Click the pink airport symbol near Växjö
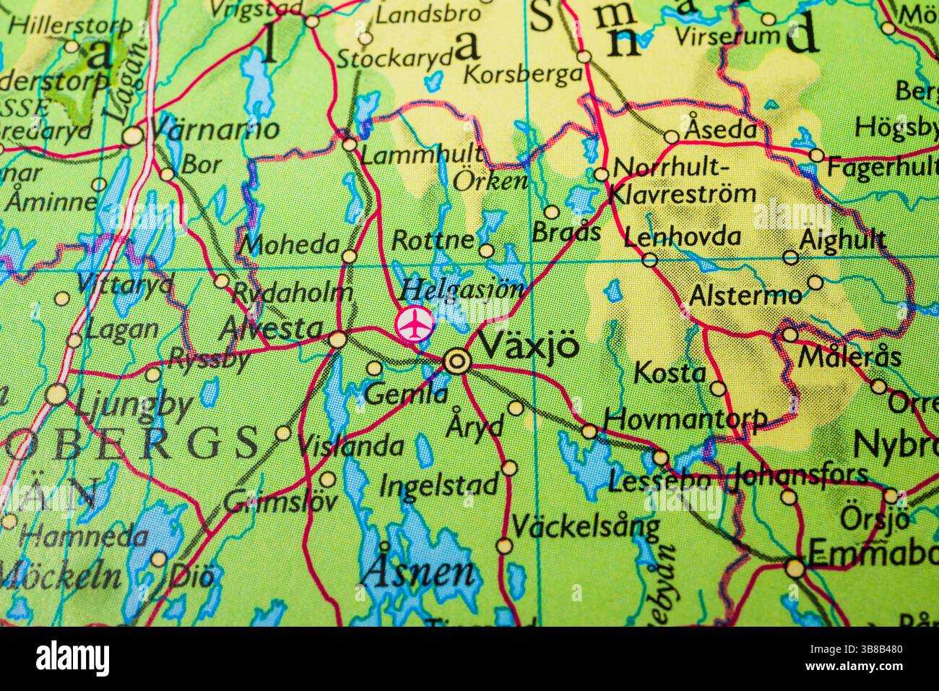[415, 323]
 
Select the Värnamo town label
[214, 130]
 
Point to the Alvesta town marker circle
[337, 339]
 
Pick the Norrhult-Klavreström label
[683, 181]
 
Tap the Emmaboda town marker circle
[795, 568]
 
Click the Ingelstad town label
[438, 484]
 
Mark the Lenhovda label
[683, 237]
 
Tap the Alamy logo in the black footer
[72, 658]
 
